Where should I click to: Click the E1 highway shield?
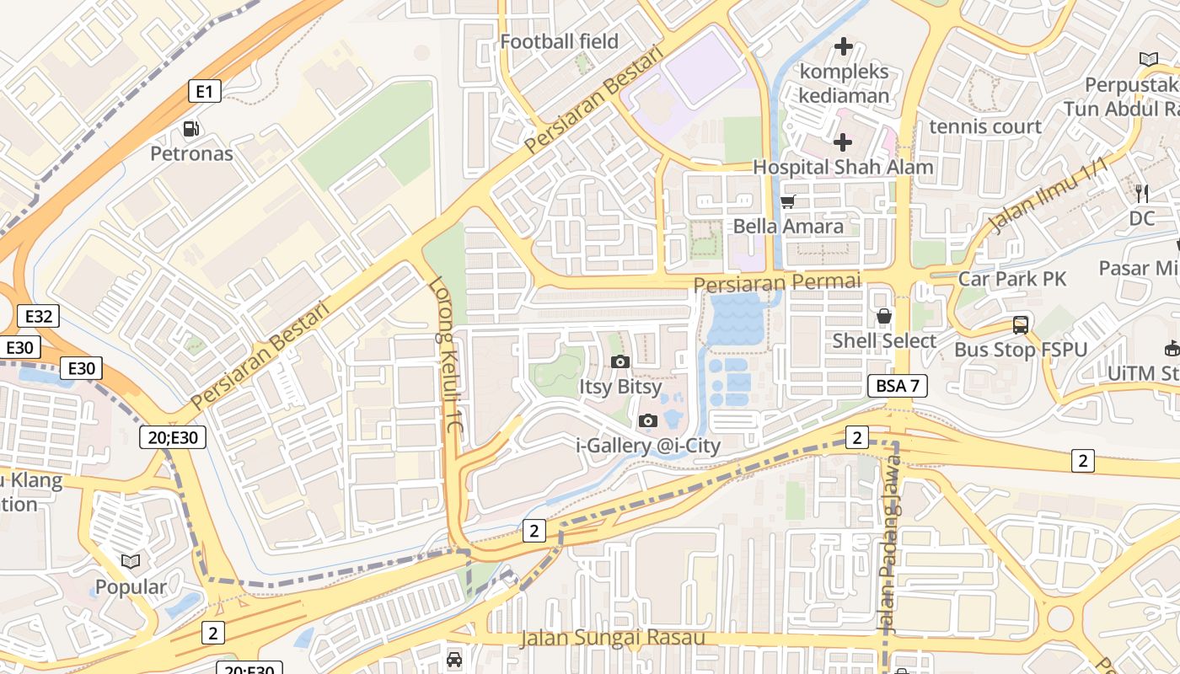pyautogui.click(x=204, y=91)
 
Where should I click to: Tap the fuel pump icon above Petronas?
pyautogui.click(x=191, y=129)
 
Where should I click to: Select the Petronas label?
pyautogui.click(x=191, y=153)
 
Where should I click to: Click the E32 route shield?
pyautogui.click(x=39, y=317)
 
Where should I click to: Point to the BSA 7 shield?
pyautogui.click(x=898, y=386)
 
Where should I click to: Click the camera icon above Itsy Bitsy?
pyautogui.click(x=619, y=362)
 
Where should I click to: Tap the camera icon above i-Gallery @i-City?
pyautogui.click(x=647, y=420)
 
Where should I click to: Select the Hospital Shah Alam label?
pyautogui.click(x=843, y=167)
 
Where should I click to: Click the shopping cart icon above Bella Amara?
pyautogui.click(x=788, y=201)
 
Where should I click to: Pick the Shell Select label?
pyautogui.click(x=884, y=340)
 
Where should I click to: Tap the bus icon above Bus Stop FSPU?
pyautogui.click(x=1020, y=324)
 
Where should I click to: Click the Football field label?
pyautogui.click(x=559, y=41)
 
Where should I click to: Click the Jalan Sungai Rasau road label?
pyautogui.click(x=612, y=638)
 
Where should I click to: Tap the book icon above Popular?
pyautogui.click(x=131, y=561)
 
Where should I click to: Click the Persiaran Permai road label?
pyautogui.click(x=777, y=282)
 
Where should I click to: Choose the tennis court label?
pyautogui.click(x=985, y=126)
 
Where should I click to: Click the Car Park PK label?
pyautogui.click(x=1012, y=279)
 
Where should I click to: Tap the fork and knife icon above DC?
pyautogui.click(x=1141, y=194)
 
